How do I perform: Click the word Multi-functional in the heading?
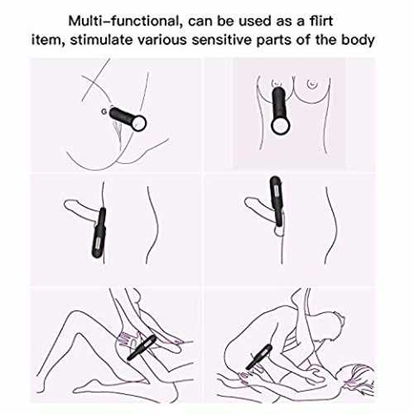pos(123,22)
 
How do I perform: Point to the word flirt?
pos(321,21)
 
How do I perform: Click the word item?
pos(48,40)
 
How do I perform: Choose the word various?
pos(162,41)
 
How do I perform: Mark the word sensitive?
pos(222,41)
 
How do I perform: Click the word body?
pos(358,41)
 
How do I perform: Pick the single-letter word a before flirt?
pos(301,22)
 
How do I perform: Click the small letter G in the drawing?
pos(103,112)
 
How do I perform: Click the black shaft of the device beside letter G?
pos(122,116)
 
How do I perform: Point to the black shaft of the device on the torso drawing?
pos(278,103)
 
